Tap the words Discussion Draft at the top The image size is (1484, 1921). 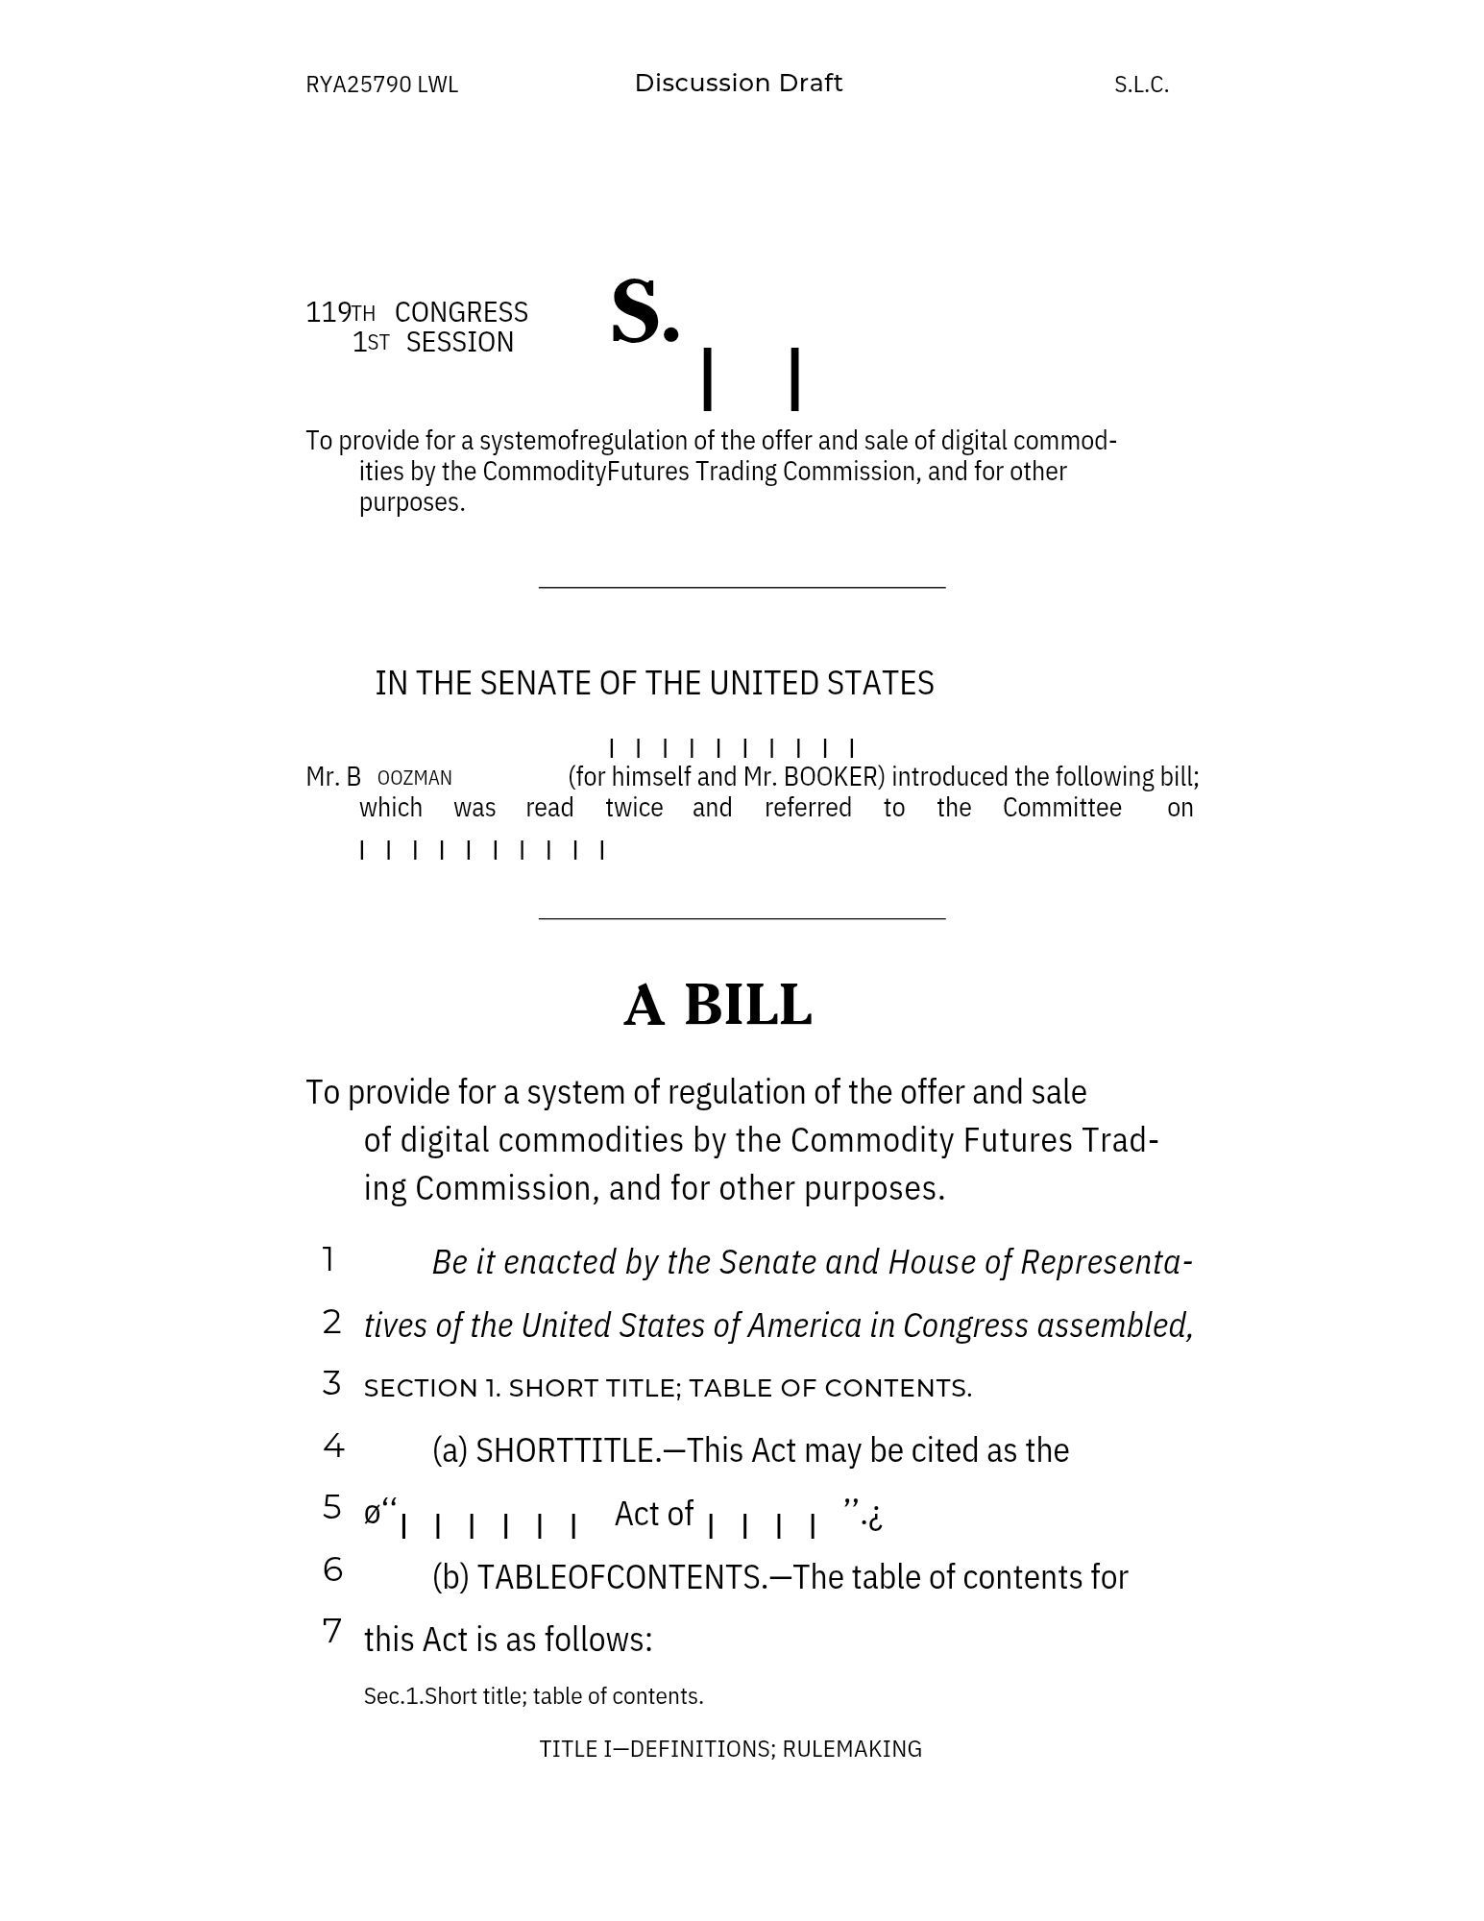[x=738, y=84]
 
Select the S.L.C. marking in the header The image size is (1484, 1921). [x=1141, y=85]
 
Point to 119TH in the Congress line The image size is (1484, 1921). [x=340, y=312]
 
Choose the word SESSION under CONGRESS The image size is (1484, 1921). [x=459, y=342]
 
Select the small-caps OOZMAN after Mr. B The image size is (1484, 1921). [x=414, y=778]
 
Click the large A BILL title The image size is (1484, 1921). [x=718, y=1005]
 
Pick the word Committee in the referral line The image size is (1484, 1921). [x=1061, y=807]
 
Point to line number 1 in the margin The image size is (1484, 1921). [x=328, y=1258]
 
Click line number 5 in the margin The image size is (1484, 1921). [x=332, y=1506]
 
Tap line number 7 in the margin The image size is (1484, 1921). [x=332, y=1630]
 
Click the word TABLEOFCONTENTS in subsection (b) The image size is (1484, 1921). [x=622, y=1576]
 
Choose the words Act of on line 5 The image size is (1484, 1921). [x=653, y=1513]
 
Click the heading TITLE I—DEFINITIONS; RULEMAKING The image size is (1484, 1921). [x=730, y=1748]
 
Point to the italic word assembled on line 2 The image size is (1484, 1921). [x=1114, y=1325]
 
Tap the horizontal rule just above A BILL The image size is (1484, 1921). [x=742, y=918]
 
